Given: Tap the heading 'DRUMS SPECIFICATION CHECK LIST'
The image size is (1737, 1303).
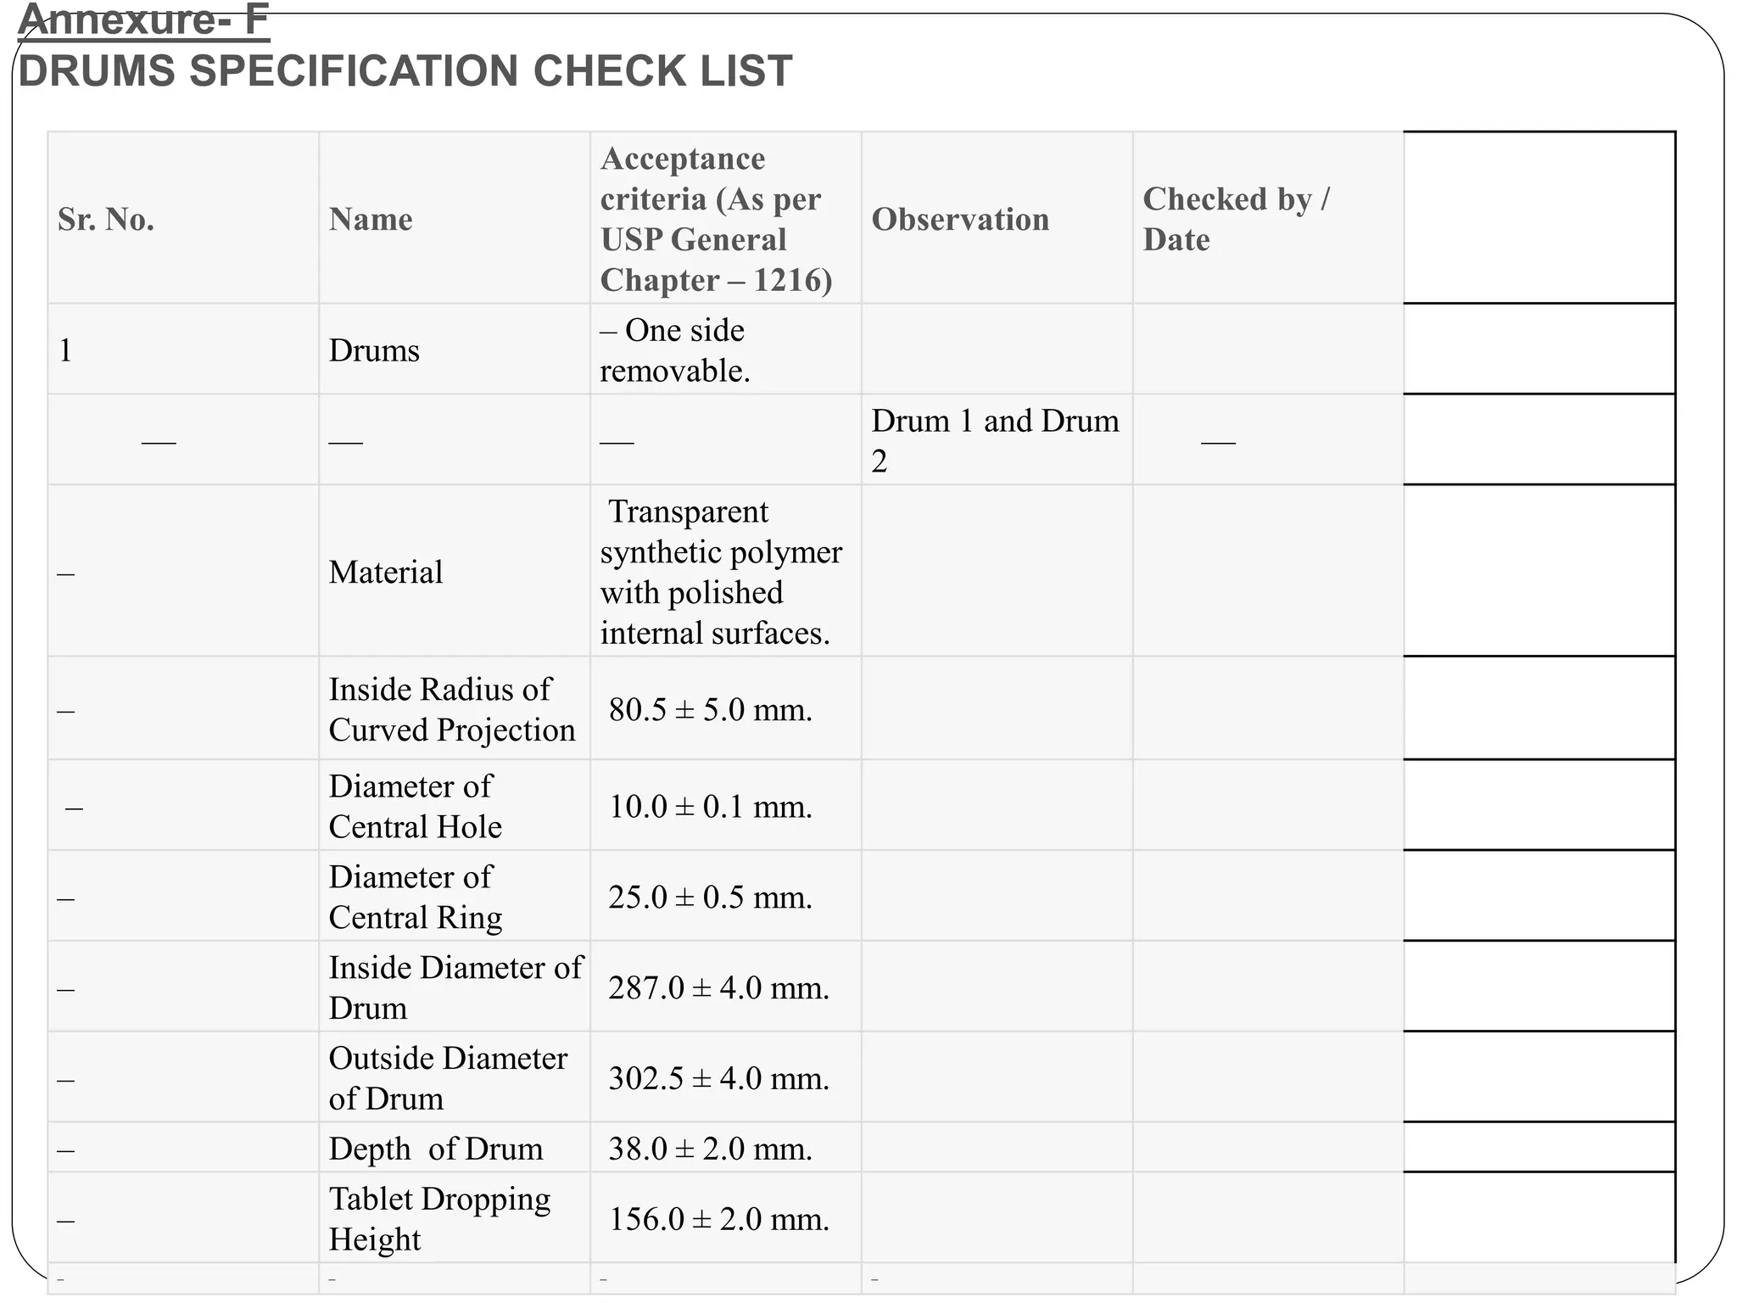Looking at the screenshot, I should pos(405,71).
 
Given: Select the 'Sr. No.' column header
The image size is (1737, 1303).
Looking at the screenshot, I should pos(106,220).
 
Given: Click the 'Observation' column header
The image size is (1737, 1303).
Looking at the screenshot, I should pos(960,220).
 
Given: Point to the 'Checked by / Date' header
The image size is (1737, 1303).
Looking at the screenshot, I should pos(1236,220).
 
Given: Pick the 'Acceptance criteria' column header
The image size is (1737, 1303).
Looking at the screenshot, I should pos(716,220).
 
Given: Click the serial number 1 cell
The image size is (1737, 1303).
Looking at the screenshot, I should pos(66,350).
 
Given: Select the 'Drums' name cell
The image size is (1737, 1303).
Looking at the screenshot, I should pos(374,350).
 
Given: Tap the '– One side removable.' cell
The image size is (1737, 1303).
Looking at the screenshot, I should pos(674,350).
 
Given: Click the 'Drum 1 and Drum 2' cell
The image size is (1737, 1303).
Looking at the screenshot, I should pos(994,441).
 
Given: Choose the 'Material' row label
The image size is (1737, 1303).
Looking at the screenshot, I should pos(386,573).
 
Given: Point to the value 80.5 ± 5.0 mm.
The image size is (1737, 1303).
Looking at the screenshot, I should pos(711,710).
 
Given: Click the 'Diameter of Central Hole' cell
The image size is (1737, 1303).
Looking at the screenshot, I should pos(415,807).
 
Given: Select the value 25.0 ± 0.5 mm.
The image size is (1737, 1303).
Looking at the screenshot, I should pos(711,898).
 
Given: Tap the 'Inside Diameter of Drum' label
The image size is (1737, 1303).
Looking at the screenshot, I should pos(455,988).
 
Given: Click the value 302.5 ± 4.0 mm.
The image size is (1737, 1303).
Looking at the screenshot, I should pos(719,1079).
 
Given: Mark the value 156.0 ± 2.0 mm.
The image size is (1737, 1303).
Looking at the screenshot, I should pos(719,1220).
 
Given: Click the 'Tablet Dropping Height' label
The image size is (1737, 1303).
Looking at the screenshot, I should pos(439,1220).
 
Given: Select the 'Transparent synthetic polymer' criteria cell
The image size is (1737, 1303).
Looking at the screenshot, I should pos(720,573).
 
